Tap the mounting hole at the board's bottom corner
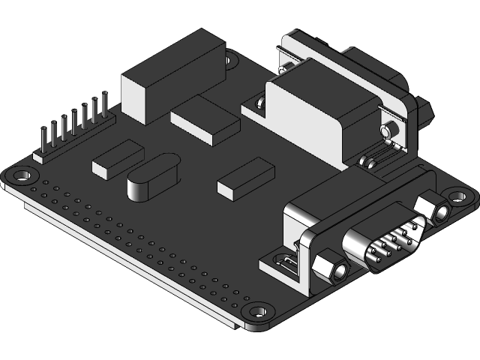tap(258, 310)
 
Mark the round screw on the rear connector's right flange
tap(388, 131)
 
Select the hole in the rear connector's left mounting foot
tap(259, 103)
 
